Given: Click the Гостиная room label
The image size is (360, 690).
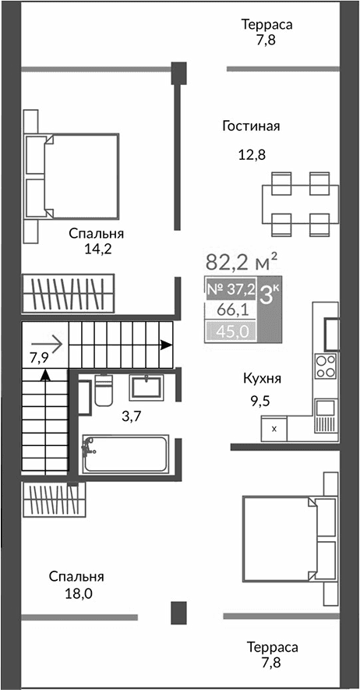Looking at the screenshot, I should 250,126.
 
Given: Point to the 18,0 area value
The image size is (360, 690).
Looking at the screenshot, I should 76,594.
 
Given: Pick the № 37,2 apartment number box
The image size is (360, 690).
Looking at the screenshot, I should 230,289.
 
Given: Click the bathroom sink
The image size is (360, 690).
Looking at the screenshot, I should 146,387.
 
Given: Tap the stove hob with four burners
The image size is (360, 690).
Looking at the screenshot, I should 326,366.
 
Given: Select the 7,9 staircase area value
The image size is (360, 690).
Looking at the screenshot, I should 39,359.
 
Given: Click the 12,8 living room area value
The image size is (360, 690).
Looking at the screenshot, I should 252,154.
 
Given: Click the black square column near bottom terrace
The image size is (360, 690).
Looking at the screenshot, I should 179,611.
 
